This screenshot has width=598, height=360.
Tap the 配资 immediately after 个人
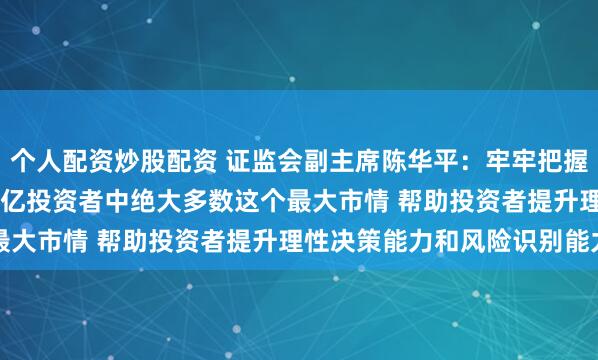pyautogui.click(x=81, y=156)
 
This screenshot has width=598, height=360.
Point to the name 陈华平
pyautogui.click(x=387, y=156)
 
